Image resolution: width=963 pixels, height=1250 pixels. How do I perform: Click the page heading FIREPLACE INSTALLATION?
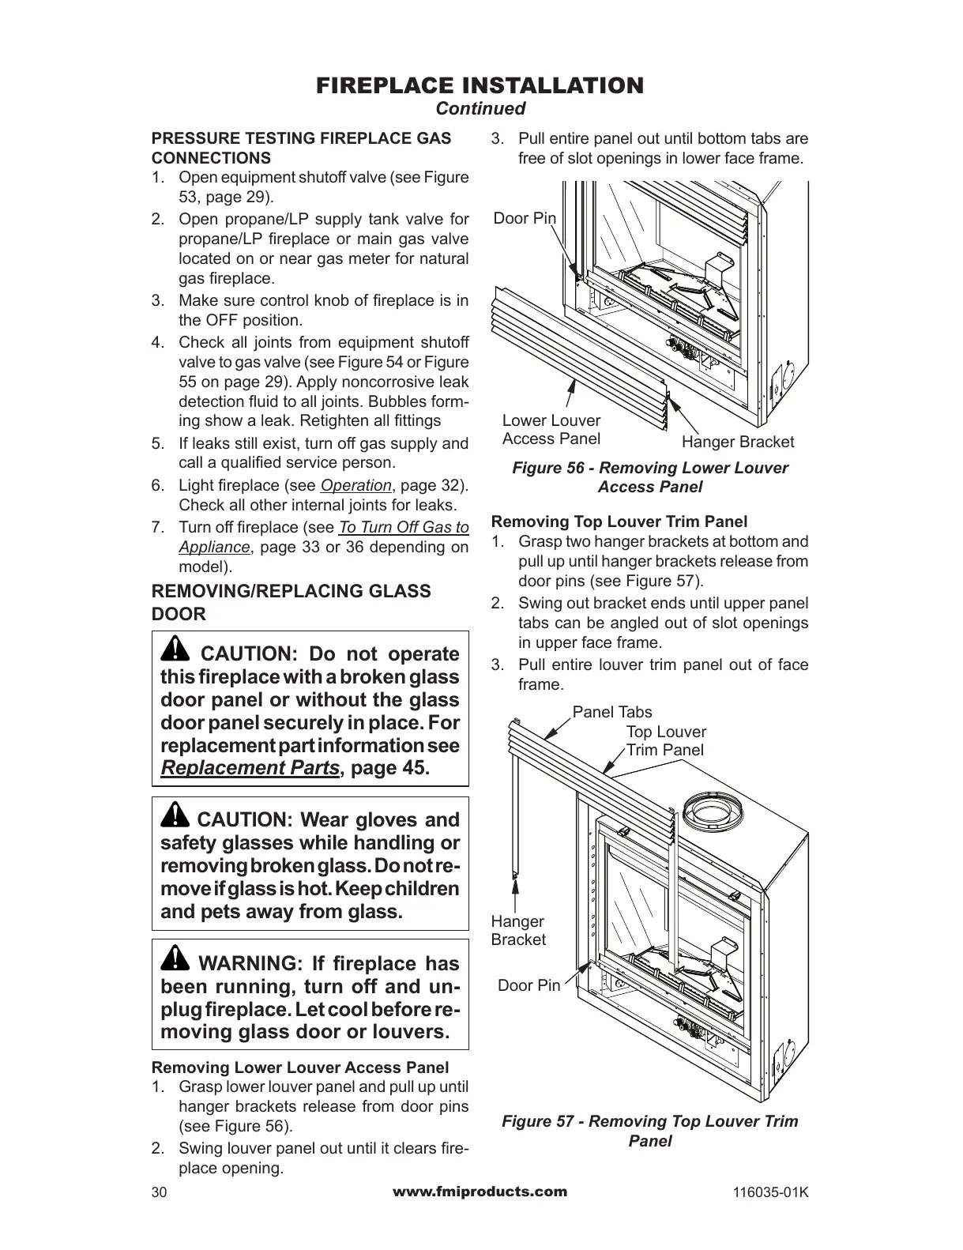pyautogui.click(x=480, y=85)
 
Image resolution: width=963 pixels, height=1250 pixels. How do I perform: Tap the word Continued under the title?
pyautogui.click(x=480, y=108)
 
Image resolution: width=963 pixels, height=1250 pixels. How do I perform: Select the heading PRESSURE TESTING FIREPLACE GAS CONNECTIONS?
pyautogui.click(x=301, y=148)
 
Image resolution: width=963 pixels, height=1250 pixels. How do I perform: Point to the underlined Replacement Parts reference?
pyautogui.click(x=250, y=768)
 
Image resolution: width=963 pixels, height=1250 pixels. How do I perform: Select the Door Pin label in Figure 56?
pyautogui.click(x=525, y=218)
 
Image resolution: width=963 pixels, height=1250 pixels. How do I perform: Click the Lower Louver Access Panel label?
pyautogui.click(x=551, y=430)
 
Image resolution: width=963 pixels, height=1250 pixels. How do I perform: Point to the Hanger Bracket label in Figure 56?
pyautogui.click(x=737, y=442)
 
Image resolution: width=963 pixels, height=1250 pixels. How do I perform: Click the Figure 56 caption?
pyautogui.click(x=649, y=477)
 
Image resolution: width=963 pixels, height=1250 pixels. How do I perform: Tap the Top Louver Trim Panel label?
pyautogui.click(x=665, y=741)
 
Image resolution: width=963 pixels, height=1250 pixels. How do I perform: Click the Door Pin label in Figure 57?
pyautogui.click(x=529, y=985)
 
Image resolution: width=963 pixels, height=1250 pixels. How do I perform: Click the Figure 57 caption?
pyautogui.click(x=649, y=1131)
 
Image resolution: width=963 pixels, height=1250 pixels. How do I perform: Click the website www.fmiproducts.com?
pyautogui.click(x=480, y=1192)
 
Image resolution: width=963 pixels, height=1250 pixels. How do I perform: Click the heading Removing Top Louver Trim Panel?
pyautogui.click(x=619, y=521)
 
